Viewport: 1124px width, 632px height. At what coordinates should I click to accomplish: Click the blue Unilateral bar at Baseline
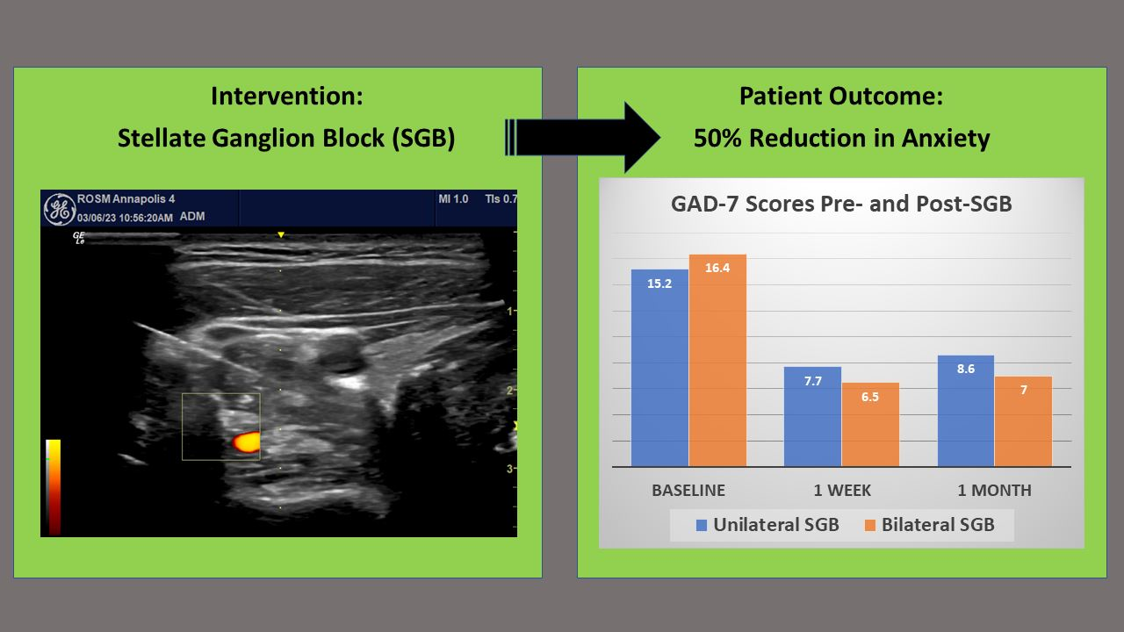pos(659,368)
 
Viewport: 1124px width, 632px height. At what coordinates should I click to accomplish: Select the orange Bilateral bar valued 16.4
pos(717,360)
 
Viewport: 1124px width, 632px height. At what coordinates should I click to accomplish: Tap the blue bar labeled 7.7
pos(812,416)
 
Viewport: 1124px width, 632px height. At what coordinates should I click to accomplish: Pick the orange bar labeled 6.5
pos(870,424)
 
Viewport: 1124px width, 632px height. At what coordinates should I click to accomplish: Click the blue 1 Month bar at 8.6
pos(966,411)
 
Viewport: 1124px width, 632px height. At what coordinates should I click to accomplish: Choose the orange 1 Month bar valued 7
pos(1023,421)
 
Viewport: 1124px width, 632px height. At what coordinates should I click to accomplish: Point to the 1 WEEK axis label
pos(842,490)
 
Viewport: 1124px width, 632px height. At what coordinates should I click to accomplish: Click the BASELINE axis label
pos(688,490)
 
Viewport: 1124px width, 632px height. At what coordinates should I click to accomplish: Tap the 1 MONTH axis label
pos(995,490)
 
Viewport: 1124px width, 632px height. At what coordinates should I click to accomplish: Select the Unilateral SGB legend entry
pos(767,525)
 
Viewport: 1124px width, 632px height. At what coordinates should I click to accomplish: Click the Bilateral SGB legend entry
pos(929,525)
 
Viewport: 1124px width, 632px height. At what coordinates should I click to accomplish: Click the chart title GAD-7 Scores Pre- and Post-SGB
pos(841,204)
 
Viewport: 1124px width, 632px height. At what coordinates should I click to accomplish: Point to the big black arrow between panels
pos(582,138)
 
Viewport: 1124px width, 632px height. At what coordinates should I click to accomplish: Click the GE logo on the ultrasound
pos(59,209)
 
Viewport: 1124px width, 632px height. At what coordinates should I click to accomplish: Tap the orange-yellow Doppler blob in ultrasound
pos(246,442)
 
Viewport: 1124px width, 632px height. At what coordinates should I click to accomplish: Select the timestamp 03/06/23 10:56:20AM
pos(125,218)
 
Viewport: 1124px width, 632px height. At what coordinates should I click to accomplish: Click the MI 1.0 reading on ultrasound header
pos(453,199)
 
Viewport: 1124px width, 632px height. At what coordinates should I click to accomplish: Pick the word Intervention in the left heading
pos(287,96)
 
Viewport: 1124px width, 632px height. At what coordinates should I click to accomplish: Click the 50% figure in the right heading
pos(717,138)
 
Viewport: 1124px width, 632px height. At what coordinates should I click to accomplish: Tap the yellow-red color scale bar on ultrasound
pos(54,486)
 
